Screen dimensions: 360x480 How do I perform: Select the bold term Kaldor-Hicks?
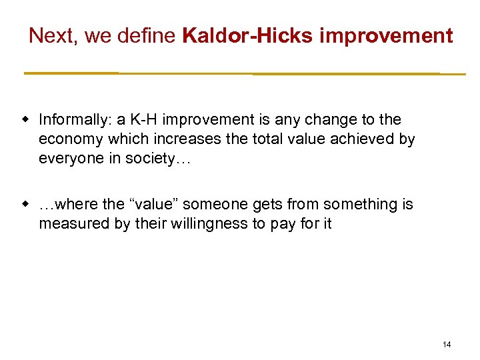pyautogui.click(x=247, y=36)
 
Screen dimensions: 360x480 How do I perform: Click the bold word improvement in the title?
pyautogui.click(x=386, y=36)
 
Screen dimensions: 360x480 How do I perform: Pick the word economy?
pyautogui.click(x=67, y=139)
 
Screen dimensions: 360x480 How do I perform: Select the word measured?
pyautogui.click(x=69, y=224)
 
